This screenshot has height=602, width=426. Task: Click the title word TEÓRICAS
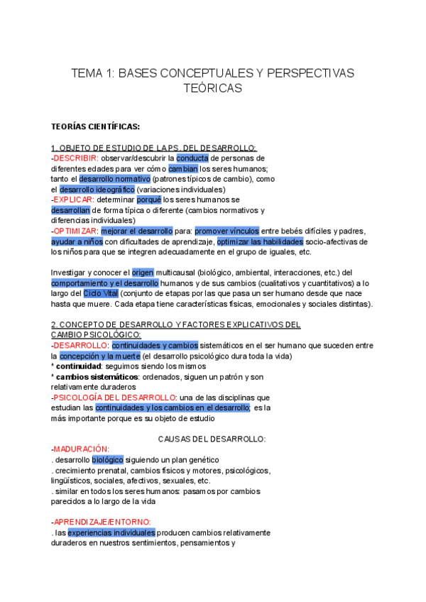pyautogui.click(x=213, y=88)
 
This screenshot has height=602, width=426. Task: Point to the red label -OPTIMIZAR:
pyautogui.click(x=75, y=231)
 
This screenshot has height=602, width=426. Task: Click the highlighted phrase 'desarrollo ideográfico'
pyautogui.click(x=97, y=190)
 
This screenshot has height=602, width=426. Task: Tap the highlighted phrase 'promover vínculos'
pyautogui.click(x=228, y=231)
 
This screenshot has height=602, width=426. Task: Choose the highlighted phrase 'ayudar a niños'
pyautogui.click(x=77, y=242)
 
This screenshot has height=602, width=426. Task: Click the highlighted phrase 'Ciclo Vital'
pyautogui.click(x=100, y=293)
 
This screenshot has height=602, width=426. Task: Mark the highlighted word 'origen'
pyautogui.click(x=143, y=273)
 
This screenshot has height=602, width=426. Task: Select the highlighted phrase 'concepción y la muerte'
pyautogui.click(x=99, y=356)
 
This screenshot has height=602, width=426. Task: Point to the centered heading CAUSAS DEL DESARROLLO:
pyautogui.click(x=212, y=439)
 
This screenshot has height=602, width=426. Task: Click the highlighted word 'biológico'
pyautogui.click(x=107, y=460)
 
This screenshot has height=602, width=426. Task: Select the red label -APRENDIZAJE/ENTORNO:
pyautogui.click(x=101, y=522)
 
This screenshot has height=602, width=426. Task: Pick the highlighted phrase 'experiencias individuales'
pyautogui.click(x=111, y=532)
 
